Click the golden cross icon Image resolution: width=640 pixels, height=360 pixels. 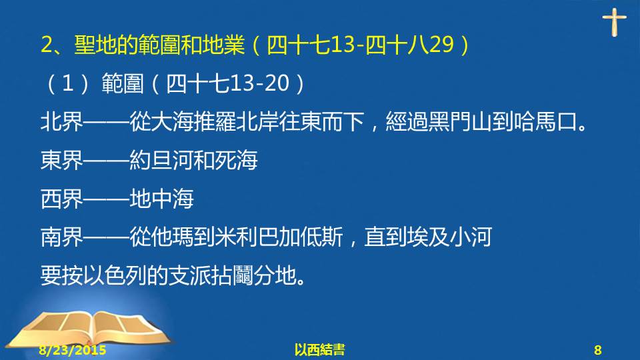click(x=614, y=22)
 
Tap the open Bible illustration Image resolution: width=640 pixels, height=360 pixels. click(x=91, y=330)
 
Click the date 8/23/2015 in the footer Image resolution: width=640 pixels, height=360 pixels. click(x=72, y=350)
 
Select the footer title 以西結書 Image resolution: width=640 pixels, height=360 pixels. click(x=319, y=350)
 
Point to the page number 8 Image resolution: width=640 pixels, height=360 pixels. click(x=597, y=350)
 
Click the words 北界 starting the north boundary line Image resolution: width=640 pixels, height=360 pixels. click(x=61, y=121)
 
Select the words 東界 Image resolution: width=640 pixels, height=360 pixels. click(x=61, y=160)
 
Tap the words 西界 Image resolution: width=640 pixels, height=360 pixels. click(x=61, y=199)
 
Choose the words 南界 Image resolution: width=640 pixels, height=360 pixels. click(x=61, y=237)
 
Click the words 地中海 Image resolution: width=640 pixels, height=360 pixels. click(x=161, y=199)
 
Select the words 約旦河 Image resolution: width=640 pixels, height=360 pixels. click(x=161, y=160)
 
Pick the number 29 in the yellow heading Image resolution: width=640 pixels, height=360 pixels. click(x=441, y=45)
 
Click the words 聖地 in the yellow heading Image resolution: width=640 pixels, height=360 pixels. click(x=95, y=45)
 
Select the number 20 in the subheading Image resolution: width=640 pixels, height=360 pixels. click(x=277, y=83)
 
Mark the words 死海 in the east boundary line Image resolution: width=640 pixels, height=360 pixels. click(x=236, y=160)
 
